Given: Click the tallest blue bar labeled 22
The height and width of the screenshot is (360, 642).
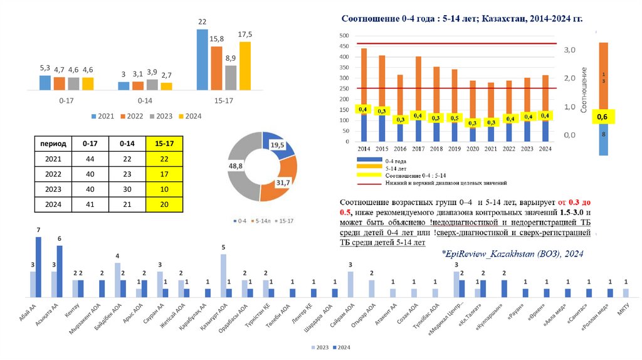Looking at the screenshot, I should point(202,60).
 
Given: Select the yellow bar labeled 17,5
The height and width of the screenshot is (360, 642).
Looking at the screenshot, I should point(245,66).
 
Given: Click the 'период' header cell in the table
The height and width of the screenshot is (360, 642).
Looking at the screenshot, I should point(53,144).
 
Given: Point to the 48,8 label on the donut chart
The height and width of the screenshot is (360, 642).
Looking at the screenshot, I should point(236,166).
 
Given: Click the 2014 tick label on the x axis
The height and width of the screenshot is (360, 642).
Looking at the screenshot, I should point(364,149).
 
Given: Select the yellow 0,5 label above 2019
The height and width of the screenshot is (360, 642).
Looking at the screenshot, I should point(454,118).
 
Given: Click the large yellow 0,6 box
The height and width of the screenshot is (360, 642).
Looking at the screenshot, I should point(603,117).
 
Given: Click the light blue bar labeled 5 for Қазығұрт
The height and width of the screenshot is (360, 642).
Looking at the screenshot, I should point(223,275).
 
